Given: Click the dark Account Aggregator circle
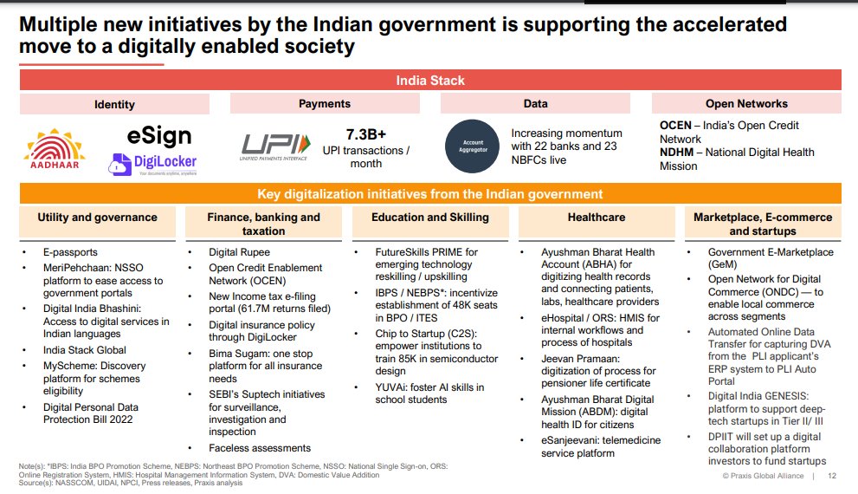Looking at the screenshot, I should (x=472, y=146).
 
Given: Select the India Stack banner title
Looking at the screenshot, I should (x=429, y=81).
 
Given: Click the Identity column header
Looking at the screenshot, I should (x=114, y=104).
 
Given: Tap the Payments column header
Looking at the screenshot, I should (x=325, y=104).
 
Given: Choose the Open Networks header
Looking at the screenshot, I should (x=745, y=104).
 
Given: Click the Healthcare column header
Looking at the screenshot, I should (x=597, y=218).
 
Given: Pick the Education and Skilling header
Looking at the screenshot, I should (x=431, y=218).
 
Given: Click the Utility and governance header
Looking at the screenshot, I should (x=97, y=218).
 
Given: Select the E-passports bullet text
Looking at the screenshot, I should (x=72, y=252).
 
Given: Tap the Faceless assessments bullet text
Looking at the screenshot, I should (x=260, y=448).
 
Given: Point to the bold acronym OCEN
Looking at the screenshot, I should (x=676, y=126).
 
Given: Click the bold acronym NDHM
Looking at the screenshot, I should (x=677, y=153).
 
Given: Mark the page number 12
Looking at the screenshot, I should (x=832, y=477).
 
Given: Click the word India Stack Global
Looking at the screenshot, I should (x=85, y=350).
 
